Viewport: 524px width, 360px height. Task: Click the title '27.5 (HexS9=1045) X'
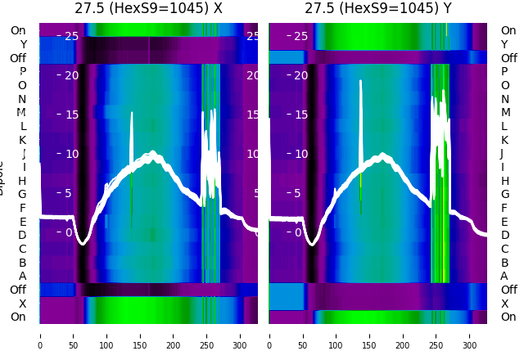pos(148,9)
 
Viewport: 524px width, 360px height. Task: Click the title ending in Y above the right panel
pos(377,9)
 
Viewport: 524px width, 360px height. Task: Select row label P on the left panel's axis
pos(22,72)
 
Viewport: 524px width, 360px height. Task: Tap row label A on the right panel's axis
pos(504,276)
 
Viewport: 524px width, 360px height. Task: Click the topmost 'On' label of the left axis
pos(18,30)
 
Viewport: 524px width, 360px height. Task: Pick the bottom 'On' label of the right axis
pos(508,317)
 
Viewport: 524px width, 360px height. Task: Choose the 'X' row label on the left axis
pos(22,304)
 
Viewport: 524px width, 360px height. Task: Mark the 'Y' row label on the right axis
pos(504,44)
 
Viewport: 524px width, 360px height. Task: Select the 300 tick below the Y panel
pos(470,335)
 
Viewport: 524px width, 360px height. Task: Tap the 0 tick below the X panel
pos(39,335)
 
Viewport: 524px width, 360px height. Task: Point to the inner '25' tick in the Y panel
pos(300,36)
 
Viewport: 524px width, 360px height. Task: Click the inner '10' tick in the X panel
pos(71,154)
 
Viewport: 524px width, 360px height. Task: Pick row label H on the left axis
pos(22,181)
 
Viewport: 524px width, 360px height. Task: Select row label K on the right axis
pos(504,140)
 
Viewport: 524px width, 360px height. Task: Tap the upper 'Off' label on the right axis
pos(508,58)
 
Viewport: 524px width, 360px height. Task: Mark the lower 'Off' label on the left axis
pos(18,290)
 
